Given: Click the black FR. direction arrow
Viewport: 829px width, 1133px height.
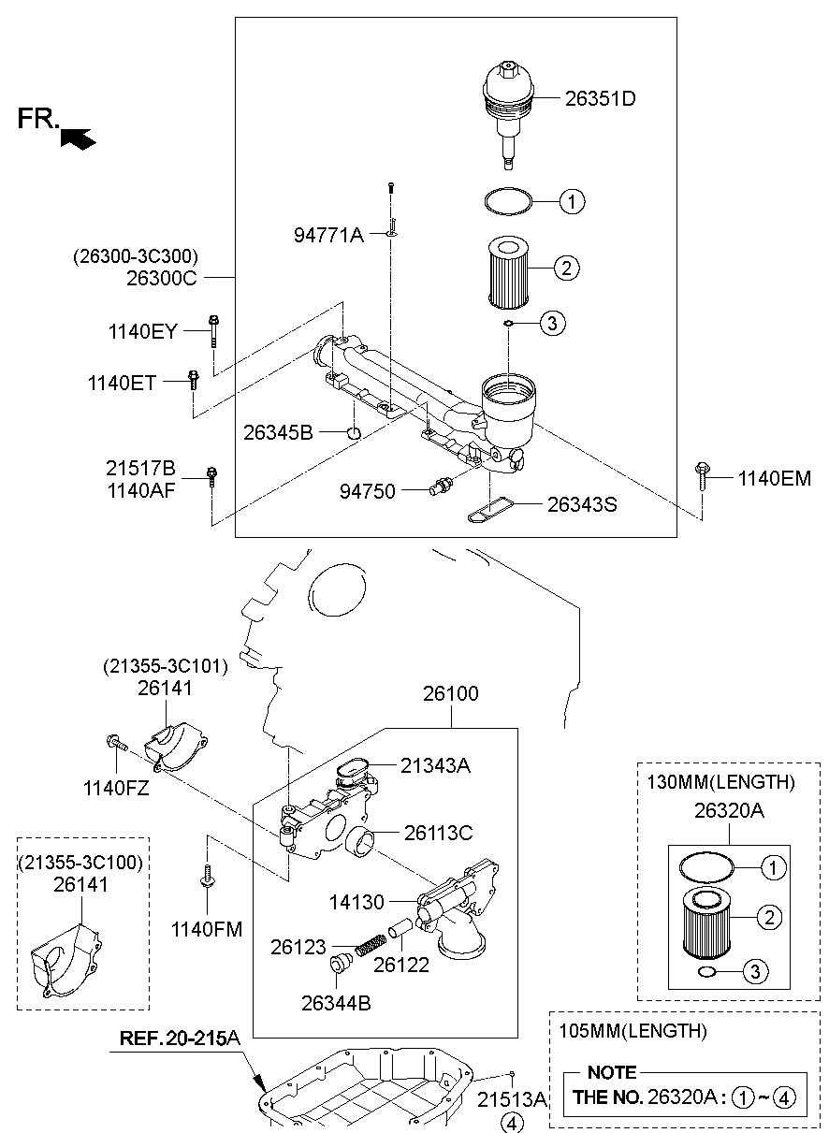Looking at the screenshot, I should (x=79, y=138).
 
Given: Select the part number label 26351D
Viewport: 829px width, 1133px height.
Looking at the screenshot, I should (x=600, y=98).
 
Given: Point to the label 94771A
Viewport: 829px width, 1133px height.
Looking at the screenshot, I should (x=329, y=235).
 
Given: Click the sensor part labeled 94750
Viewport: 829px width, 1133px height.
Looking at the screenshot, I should (x=440, y=487).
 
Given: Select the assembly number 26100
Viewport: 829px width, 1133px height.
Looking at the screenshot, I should (x=450, y=694).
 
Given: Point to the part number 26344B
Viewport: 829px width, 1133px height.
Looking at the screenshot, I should (x=336, y=1003).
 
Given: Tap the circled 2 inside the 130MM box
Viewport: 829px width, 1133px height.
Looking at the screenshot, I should (x=769, y=918).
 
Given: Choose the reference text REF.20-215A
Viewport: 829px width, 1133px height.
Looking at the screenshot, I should (x=180, y=1039).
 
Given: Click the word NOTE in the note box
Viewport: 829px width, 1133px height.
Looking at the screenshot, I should (x=612, y=1072).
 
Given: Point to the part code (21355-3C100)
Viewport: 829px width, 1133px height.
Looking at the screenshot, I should (x=81, y=860).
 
